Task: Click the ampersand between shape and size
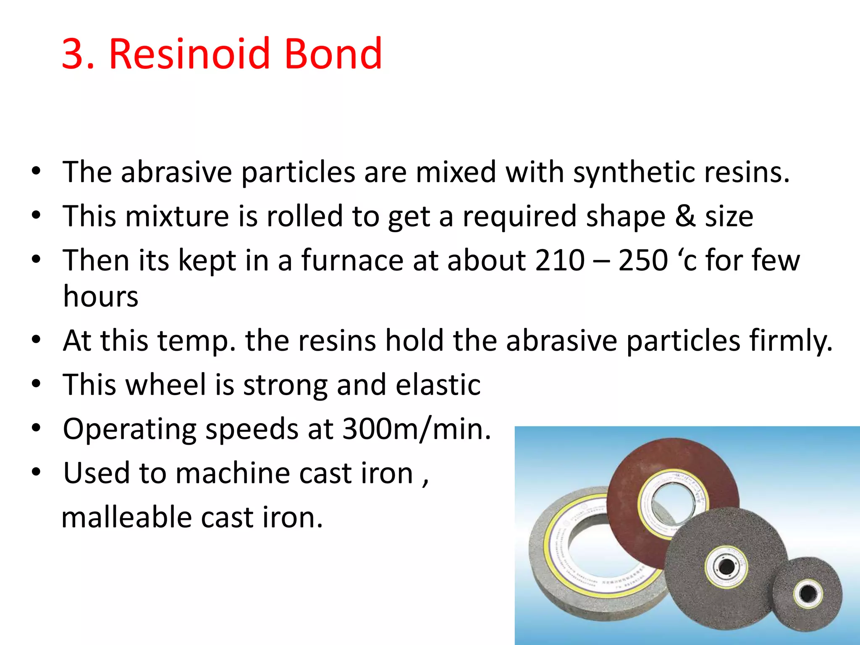click(x=685, y=217)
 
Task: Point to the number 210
click(x=560, y=260)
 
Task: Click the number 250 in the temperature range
click(x=643, y=260)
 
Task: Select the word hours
click(x=101, y=296)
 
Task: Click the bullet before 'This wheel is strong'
click(x=36, y=383)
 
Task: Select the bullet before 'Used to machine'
click(x=36, y=472)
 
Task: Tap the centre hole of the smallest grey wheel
click(x=808, y=594)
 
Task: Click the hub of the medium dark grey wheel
click(x=726, y=567)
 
